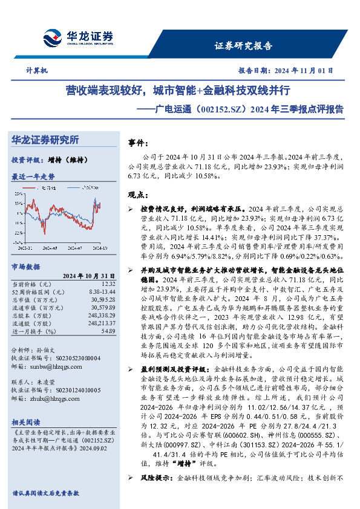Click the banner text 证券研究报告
tap(244, 46)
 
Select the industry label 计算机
tap(38, 70)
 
